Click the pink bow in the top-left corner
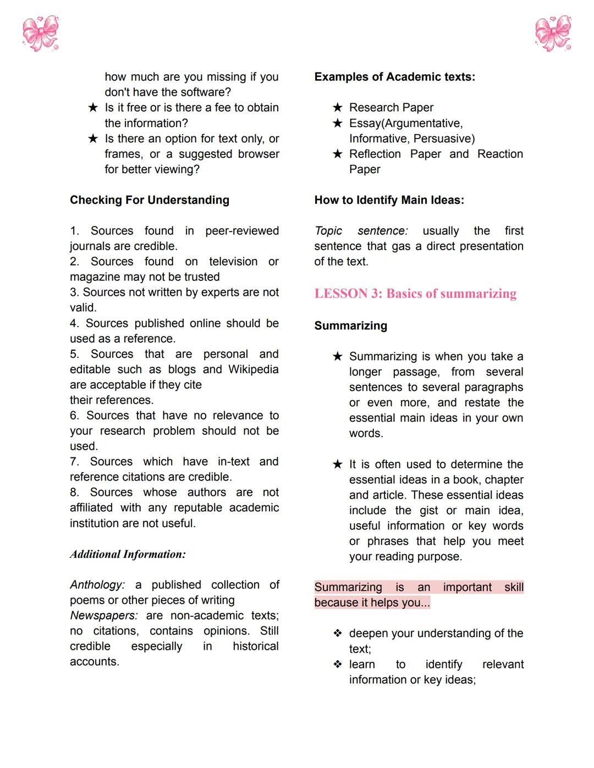tap(40, 33)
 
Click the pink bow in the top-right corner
tap(553, 33)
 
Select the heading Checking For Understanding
tap(150, 200)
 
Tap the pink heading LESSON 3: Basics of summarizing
tap(415, 294)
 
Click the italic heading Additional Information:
tap(128, 554)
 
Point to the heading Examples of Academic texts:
tap(394, 77)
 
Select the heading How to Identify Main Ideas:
tap(389, 200)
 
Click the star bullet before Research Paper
tap(338, 108)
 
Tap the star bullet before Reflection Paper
tap(338, 154)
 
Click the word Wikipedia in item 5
tap(253, 369)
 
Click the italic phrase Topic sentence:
tap(361, 231)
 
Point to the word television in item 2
tap(233, 262)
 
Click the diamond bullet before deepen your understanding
tap(338, 633)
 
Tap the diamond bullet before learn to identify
tap(338, 664)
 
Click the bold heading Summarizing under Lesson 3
tap(350, 326)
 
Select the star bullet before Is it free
tap(93, 108)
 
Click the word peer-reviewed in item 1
tap(242, 231)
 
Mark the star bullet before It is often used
tap(338, 465)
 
